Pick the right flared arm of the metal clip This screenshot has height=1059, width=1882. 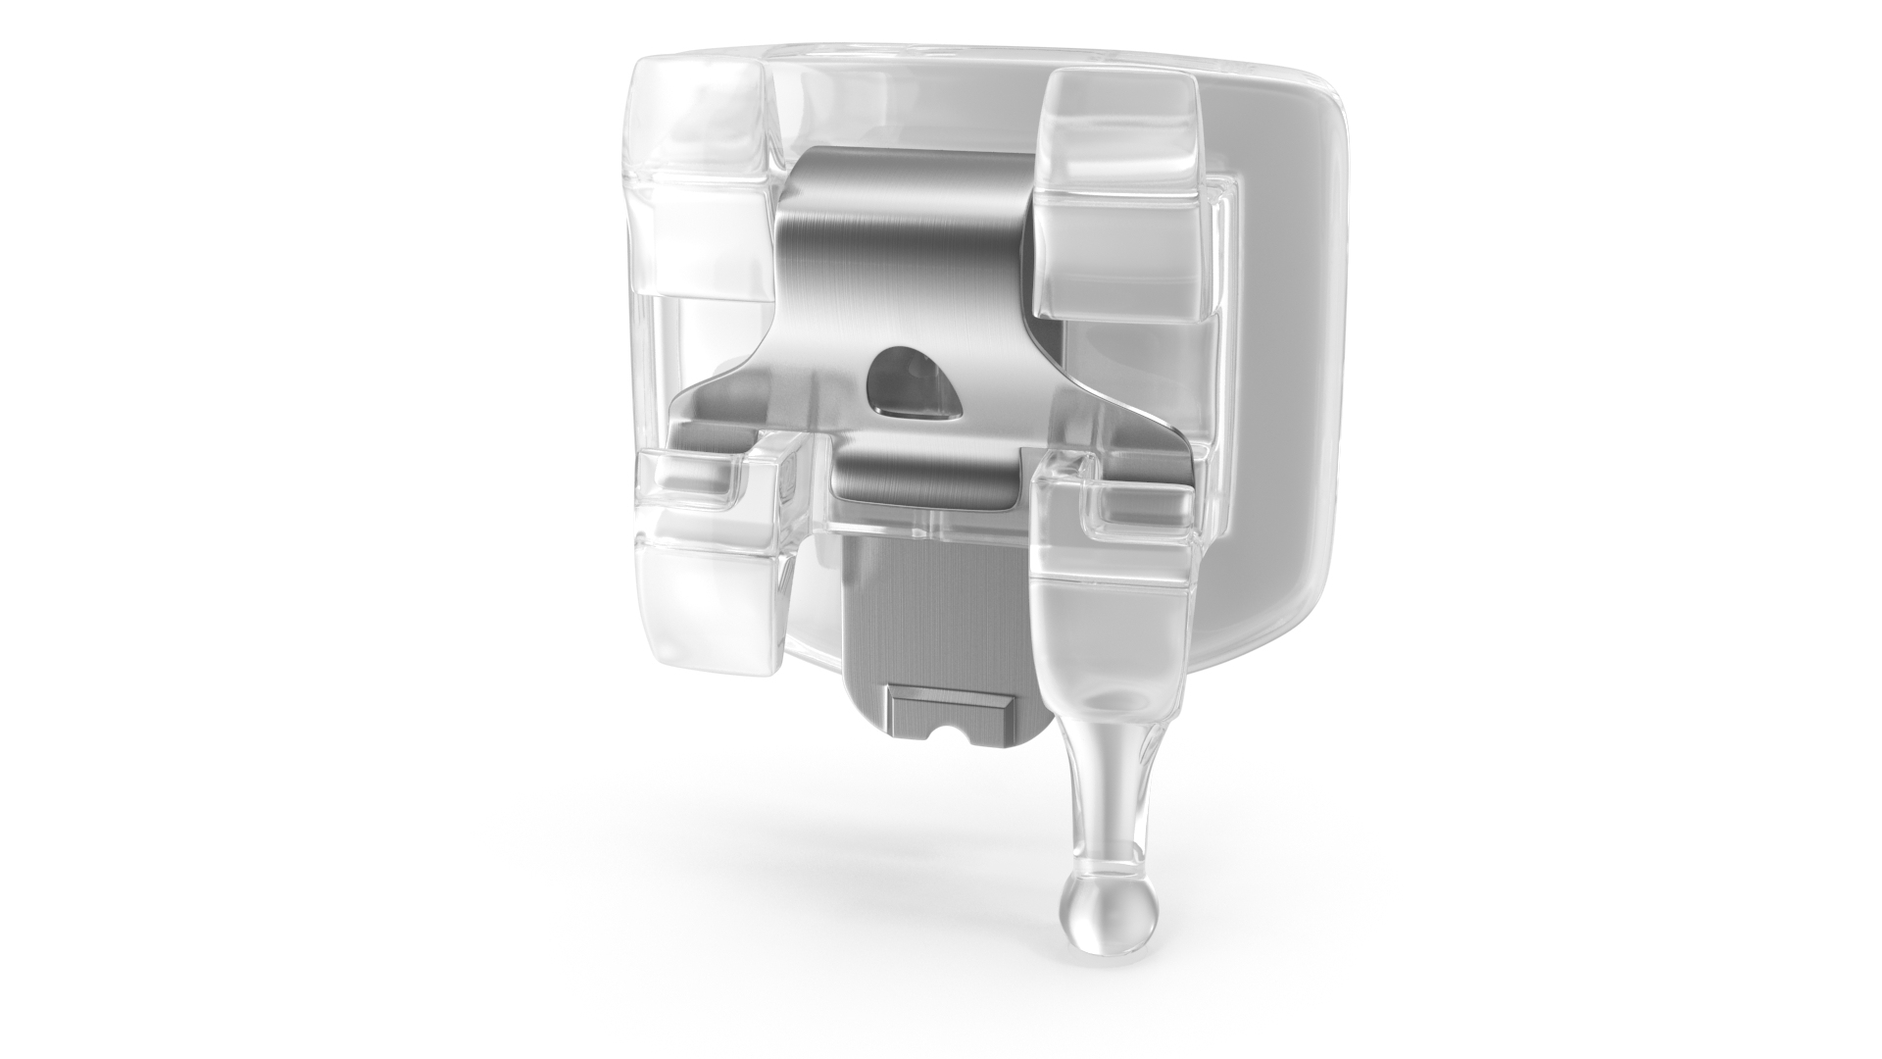click(x=1127, y=412)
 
